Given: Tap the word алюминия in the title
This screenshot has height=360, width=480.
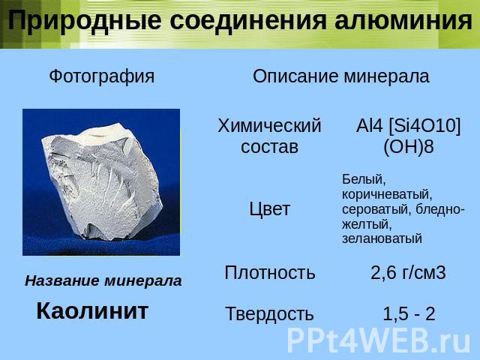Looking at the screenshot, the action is pos(403,21).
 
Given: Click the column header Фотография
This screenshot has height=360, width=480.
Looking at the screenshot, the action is pos(102,76).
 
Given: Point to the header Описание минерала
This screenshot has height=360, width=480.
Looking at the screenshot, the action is pos(341,76).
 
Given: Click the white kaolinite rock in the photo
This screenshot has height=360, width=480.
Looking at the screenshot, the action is pos(102,181).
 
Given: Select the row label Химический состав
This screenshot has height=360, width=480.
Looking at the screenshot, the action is pos(269,136).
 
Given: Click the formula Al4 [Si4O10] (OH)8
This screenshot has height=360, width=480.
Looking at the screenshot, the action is pos(408,136).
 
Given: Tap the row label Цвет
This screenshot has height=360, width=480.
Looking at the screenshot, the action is pos(269,209).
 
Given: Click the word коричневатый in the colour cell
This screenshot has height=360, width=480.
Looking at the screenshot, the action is pos(387,195).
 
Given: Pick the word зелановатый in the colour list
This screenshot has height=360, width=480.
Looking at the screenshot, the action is pos(382,238).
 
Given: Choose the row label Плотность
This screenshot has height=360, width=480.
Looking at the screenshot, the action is pos(269,272).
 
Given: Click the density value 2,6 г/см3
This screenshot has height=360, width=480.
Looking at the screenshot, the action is pos(408,272).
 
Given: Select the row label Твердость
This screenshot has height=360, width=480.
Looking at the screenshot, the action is pos(269,314).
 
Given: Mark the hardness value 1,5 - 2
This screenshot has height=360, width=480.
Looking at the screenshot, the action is pos(409,314).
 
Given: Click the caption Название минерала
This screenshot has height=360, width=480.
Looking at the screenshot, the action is pos(103,281).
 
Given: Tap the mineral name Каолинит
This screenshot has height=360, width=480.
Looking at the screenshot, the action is pos(92,311).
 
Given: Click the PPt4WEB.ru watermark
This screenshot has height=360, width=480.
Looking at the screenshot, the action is pos(378,340).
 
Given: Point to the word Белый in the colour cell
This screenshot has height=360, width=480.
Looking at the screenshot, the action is pos(364,180).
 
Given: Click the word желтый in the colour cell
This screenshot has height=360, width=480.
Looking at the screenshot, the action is pos(367,225).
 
